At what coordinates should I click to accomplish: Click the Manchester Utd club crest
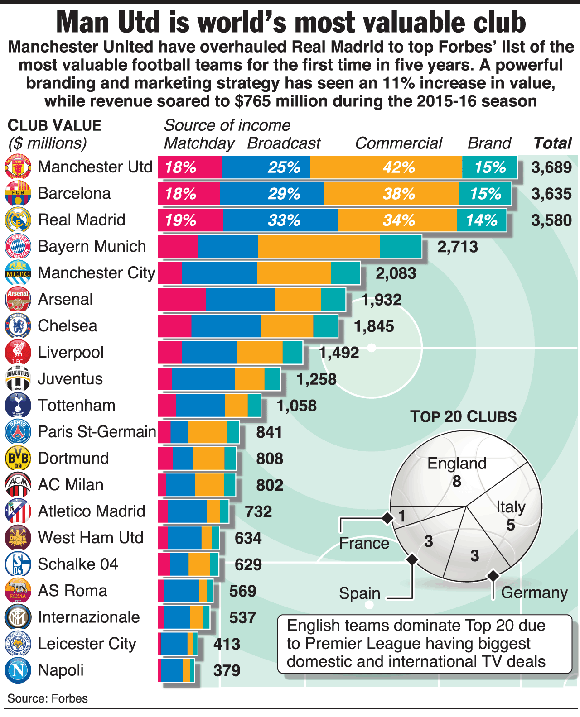pos(18,167)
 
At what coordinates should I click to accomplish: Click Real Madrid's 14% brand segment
pos(481,220)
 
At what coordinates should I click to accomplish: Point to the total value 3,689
pos(551,167)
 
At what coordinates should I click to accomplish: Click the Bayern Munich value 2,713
pos(458,247)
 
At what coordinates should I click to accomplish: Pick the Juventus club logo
pos(18,379)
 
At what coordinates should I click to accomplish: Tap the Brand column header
pos(489,143)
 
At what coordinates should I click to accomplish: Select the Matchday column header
pos(199,143)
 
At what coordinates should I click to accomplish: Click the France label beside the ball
pos(364,543)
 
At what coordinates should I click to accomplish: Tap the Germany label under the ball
pos(534,593)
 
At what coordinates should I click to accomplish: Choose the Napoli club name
pos(61,670)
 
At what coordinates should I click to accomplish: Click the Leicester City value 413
pos(227,644)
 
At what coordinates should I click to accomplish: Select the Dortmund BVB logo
pos(18,458)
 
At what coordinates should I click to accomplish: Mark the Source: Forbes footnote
pos(48,698)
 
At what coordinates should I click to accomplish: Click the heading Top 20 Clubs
pos(463,416)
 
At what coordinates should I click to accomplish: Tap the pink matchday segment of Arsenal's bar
pos(182,300)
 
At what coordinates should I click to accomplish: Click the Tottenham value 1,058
pos(296,406)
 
